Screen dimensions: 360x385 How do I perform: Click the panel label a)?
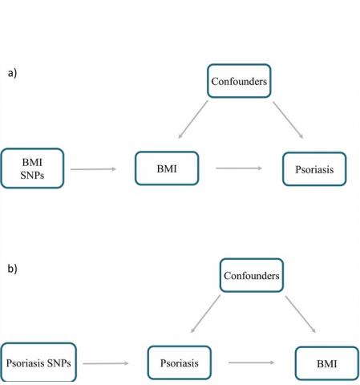12,73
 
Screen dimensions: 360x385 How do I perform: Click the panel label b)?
12,269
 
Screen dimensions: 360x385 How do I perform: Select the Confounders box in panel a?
239,81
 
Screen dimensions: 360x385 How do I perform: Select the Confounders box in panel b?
252,275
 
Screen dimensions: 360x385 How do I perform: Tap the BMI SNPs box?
32,168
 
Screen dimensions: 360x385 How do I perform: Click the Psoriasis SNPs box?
38,363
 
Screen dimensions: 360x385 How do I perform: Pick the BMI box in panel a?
167,168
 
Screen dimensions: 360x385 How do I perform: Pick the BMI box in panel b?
327,363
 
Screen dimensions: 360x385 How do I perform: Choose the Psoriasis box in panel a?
314,169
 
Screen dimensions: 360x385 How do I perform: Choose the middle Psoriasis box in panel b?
180,363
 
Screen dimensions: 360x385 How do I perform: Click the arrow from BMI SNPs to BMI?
93,169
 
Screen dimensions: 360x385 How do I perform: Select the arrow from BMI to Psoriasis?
239,168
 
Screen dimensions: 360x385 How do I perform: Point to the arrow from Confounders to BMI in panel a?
193,120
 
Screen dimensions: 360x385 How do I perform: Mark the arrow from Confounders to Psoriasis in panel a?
288,120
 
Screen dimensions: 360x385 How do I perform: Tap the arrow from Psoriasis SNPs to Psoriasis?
106,363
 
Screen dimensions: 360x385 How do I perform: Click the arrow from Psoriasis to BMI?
252,363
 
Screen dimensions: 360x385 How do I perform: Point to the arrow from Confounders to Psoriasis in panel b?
205,314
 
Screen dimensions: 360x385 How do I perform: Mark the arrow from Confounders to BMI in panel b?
301,314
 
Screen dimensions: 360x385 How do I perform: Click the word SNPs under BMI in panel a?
32,176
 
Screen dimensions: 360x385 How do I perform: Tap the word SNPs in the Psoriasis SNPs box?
59,363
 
